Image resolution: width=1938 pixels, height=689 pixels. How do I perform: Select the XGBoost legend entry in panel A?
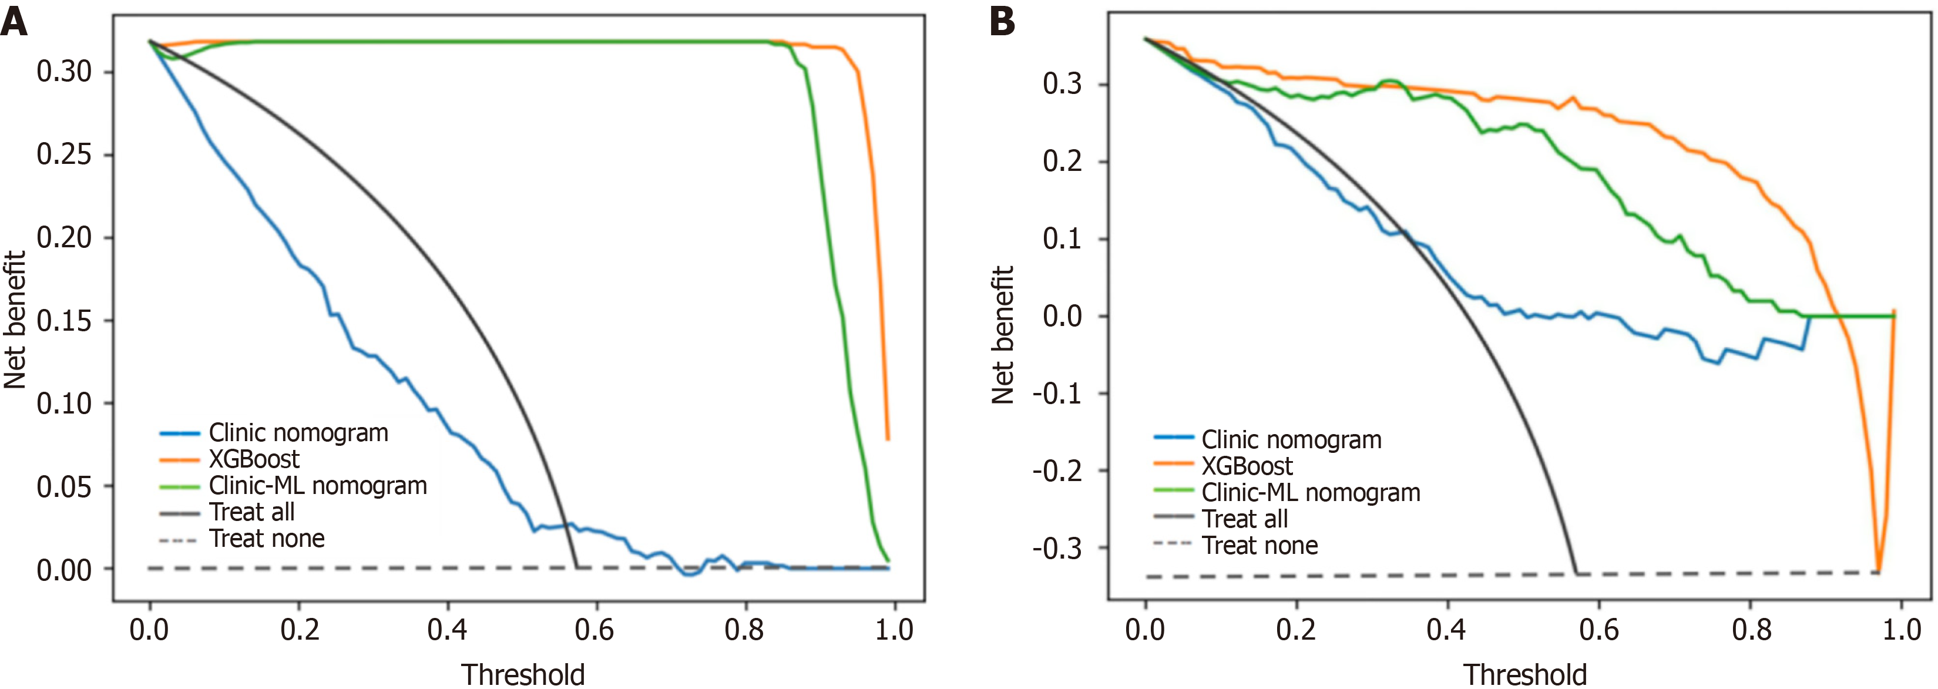pyautogui.click(x=254, y=459)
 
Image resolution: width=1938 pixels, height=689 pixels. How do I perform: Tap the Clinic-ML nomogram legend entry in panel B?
pyautogui.click(x=1311, y=493)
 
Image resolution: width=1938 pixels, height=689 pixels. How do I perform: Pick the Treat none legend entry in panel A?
pyautogui.click(x=266, y=539)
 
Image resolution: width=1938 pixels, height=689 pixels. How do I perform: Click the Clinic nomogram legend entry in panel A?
pyautogui.click(x=298, y=432)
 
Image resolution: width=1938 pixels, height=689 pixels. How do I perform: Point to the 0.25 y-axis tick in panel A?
pyautogui.click(x=64, y=155)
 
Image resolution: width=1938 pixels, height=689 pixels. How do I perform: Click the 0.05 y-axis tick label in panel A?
pyautogui.click(x=64, y=487)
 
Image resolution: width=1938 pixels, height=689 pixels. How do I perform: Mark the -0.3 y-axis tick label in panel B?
pyautogui.click(x=1057, y=549)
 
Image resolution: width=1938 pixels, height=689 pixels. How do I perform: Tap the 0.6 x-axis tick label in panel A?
pyautogui.click(x=595, y=630)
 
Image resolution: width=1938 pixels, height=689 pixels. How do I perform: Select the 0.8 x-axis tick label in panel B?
pyautogui.click(x=1751, y=630)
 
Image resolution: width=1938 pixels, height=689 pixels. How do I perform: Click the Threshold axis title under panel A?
pyautogui.click(x=523, y=674)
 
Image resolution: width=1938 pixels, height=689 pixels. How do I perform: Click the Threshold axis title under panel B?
pyautogui.click(x=1524, y=674)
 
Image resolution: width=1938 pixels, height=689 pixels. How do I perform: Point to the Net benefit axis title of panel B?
pyautogui.click(x=1003, y=335)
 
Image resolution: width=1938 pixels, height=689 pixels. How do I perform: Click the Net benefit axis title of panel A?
pyautogui.click(x=15, y=320)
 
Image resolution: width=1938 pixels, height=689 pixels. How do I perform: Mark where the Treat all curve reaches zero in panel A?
pyautogui.click(x=577, y=567)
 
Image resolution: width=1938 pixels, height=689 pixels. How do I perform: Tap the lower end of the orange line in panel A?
pyautogui.click(x=888, y=439)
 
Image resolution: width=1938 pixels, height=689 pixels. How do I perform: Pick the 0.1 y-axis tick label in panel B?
pyautogui.click(x=1062, y=239)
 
